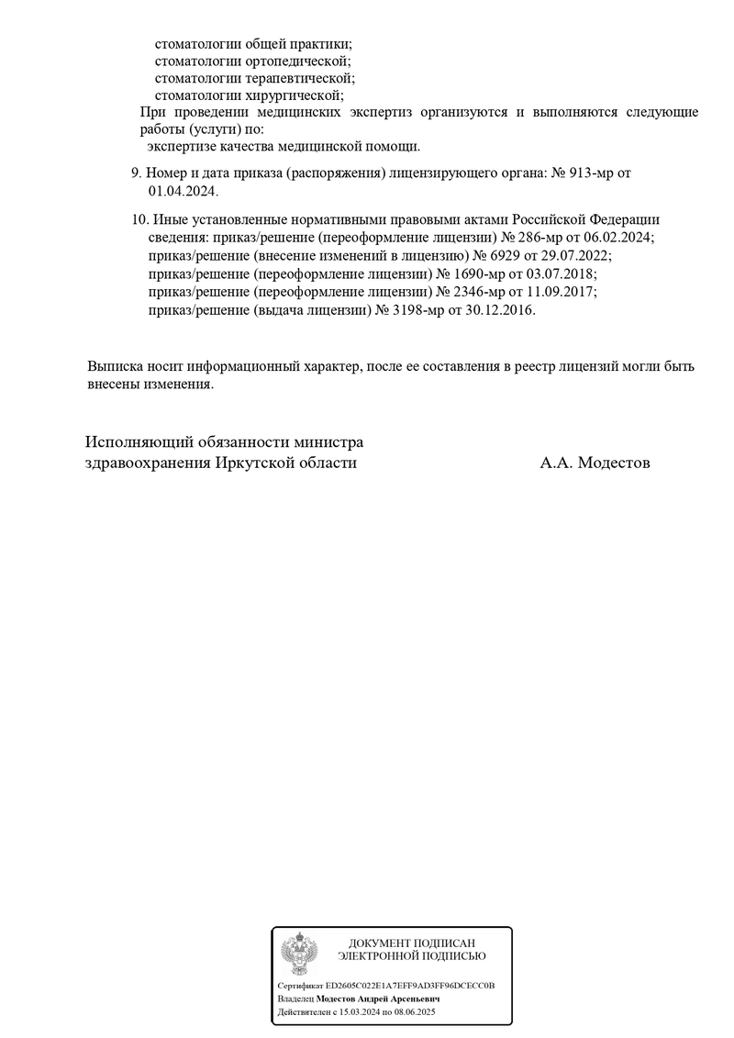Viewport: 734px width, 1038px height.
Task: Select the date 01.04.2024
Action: coord(183,191)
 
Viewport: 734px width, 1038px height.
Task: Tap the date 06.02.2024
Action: coord(618,237)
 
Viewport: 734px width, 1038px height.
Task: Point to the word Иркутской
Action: coord(260,463)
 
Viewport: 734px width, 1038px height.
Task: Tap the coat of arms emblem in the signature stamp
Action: coord(299,954)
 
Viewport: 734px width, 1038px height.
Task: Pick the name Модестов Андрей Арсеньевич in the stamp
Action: coord(379,999)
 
